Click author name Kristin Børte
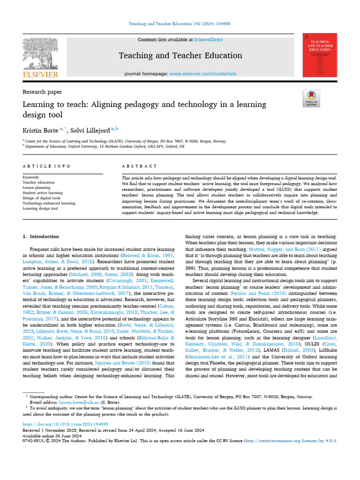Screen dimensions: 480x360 point(40,128)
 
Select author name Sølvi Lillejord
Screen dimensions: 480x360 point(92,128)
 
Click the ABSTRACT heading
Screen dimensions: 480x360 point(139,166)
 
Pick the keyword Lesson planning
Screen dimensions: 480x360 point(37,187)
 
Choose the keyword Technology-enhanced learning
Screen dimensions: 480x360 point(49,203)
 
